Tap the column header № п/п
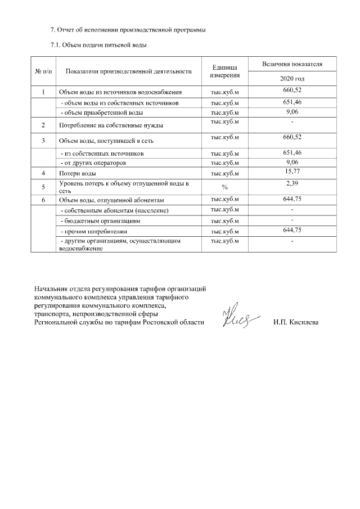tap(44, 71)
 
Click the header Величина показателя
tap(292, 65)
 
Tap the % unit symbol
tap(224, 187)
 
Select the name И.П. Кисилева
tap(296, 322)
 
